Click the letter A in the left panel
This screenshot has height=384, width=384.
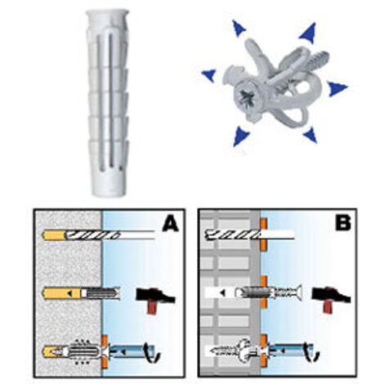pos(171,224)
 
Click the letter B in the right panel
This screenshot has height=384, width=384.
pos(343,223)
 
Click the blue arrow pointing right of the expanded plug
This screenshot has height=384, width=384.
pos(337,88)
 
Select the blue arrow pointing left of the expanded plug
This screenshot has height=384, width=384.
pos(209,75)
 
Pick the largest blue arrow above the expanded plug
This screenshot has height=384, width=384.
pos(308,33)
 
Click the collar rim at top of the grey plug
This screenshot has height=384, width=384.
pos(108,14)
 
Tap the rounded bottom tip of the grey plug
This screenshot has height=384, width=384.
pos(109,192)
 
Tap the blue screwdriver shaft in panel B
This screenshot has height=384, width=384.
pos(289,352)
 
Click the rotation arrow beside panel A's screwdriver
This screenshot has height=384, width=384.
pos(154,353)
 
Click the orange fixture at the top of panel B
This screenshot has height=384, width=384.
pos(263,234)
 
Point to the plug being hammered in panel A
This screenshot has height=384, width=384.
pos(100,293)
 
